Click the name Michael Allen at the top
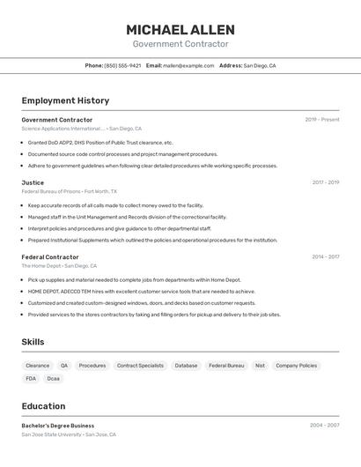coord(180,29)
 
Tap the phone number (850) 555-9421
coord(122,65)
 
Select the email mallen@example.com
coord(188,65)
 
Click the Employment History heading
coord(65,100)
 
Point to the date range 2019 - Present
coord(322,120)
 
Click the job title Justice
coord(33,182)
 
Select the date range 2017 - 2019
coord(325,182)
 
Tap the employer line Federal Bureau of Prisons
coord(51,191)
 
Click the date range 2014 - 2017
coord(325,257)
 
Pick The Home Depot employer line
coord(41,265)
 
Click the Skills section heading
coord(33,342)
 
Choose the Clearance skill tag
coord(38,365)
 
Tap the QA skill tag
coord(64,365)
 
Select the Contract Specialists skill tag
coord(140,365)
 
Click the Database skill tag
coord(186,365)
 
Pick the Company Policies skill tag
coord(296,365)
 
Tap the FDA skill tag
coord(31,379)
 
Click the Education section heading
coord(43,406)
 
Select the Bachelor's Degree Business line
coord(58,426)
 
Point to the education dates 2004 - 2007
coord(324,425)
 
